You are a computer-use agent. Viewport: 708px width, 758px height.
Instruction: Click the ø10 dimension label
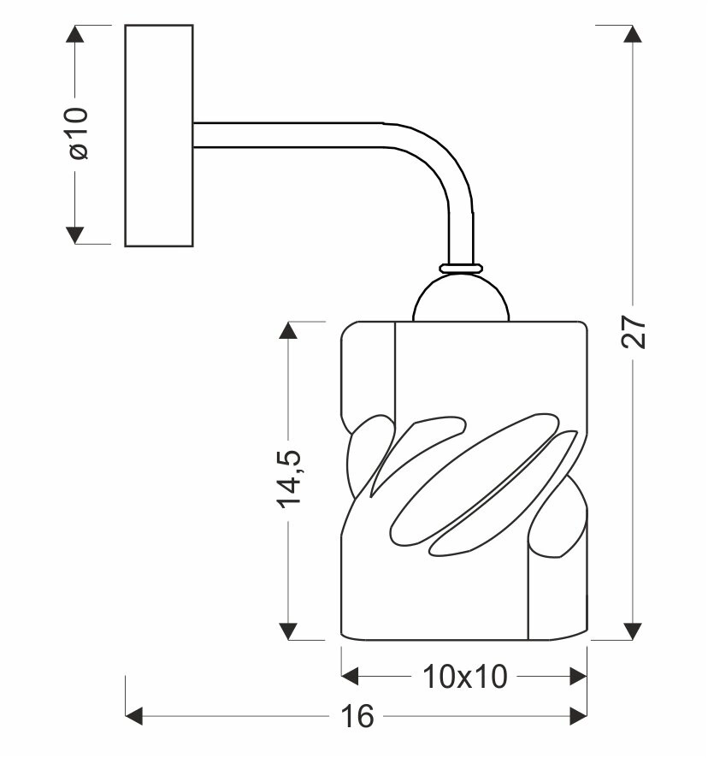coord(78,135)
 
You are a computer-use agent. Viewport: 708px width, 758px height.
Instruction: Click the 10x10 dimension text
coord(465,678)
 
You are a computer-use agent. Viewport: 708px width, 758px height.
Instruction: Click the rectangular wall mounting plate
coord(159,135)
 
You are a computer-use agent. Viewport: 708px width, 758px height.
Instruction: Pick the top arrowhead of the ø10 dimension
coord(76,35)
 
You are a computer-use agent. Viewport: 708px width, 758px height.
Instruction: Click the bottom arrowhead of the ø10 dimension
coord(76,234)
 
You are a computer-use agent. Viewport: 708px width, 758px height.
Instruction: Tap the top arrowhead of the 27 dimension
coord(634,35)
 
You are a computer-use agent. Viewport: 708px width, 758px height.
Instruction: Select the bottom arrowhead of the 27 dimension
coord(634,630)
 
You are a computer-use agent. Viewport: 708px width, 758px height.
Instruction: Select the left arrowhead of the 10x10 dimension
coord(351,677)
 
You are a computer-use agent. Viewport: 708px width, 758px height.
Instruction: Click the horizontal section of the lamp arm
coord(291,135)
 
